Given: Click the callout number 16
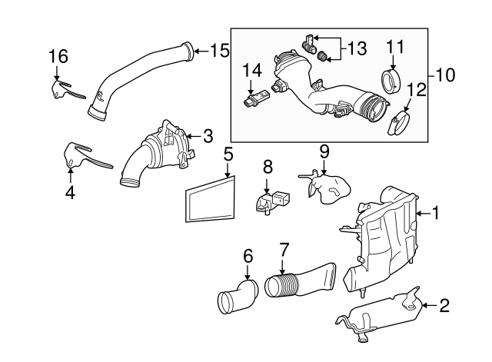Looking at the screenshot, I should (x=58, y=56).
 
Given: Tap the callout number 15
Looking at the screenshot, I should (x=220, y=51).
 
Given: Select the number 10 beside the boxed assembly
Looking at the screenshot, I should (x=445, y=75).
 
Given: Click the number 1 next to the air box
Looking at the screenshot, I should (x=436, y=213).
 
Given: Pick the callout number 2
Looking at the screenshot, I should (x=444, y=307).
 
